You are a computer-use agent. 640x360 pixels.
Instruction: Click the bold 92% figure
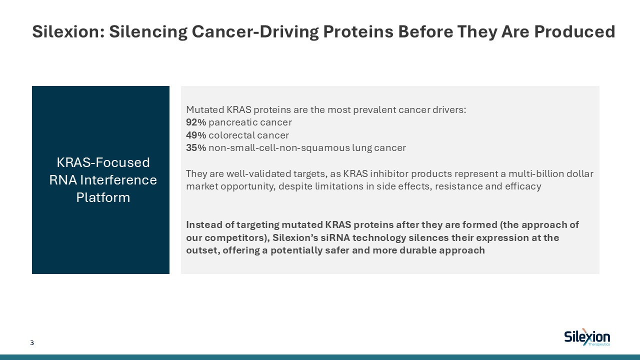196,122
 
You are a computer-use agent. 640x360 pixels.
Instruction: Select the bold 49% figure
196,135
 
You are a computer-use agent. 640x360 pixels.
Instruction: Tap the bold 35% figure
196,147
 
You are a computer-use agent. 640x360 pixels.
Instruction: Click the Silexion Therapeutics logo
587,337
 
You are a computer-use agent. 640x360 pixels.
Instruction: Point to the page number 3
32,343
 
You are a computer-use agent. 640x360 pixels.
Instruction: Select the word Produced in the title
574,31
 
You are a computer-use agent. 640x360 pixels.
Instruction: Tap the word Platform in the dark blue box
103,197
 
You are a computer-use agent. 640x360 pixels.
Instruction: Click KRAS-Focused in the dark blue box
103,162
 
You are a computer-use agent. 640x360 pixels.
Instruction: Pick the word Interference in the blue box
118,180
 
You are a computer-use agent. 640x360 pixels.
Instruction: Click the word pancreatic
232,122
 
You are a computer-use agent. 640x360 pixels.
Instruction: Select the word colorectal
231,135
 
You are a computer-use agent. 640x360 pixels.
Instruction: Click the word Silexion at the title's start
68,31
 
